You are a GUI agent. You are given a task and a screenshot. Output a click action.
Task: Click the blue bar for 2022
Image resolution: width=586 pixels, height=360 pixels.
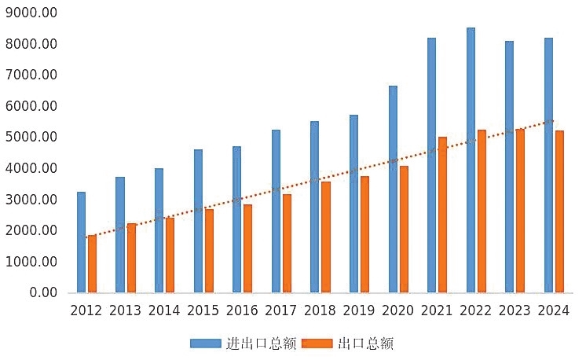(471, 160)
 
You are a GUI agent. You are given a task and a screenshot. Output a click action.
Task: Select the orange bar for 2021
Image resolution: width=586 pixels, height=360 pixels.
(443, 215)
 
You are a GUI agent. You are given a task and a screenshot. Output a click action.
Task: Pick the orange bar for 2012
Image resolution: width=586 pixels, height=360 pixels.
(92, 264)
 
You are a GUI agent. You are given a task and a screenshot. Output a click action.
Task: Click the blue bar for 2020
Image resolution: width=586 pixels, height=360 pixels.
(393, 189)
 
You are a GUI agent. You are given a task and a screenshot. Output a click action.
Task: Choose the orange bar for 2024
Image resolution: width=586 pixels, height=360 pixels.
(559, 211)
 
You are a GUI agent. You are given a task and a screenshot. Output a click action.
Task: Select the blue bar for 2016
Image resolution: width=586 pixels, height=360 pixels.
(236, 219)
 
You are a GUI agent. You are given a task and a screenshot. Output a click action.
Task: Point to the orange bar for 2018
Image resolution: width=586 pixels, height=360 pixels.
(325, 237)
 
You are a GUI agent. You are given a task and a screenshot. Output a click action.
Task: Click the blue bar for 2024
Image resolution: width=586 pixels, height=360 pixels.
(548, 165)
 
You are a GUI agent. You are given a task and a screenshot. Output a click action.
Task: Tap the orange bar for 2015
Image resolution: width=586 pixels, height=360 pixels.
(209, 251)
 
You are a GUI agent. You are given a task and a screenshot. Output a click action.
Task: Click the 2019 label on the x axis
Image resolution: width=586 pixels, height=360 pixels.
(359, 310)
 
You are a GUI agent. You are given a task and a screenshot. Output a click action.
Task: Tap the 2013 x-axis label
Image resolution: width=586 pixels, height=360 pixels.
(125, 310)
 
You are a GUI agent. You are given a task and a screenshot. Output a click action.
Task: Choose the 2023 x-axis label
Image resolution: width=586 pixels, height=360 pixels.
(515, 310)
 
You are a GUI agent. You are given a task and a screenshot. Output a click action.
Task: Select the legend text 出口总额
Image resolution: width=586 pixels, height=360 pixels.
(365, 343)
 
